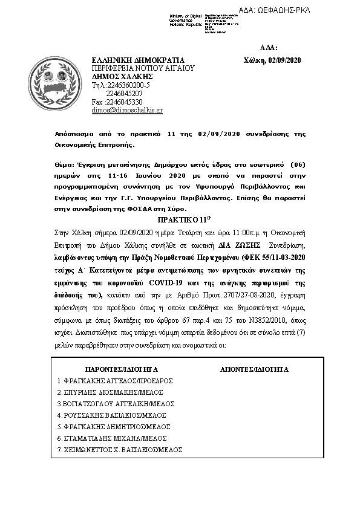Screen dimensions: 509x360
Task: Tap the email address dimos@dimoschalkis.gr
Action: (x=127, y=111)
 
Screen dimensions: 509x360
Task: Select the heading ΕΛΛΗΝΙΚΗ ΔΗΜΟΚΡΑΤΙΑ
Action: (x=137, y=60)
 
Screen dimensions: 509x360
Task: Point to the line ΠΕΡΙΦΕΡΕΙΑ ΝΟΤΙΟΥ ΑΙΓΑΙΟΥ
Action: (x=143, y=69)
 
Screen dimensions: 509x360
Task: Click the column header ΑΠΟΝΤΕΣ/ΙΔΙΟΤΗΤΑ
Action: (x=253, y=369)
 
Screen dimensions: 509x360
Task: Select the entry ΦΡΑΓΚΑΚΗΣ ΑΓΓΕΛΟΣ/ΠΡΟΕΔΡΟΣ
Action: (x=115, y=381)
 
